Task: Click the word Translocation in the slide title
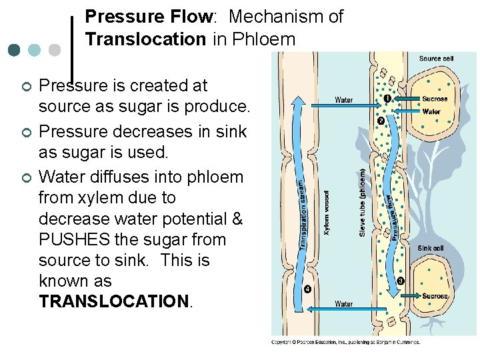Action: (145, 39)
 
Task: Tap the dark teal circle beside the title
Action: (15, 50)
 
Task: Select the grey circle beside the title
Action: (55, 50)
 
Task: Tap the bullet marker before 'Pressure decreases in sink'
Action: (25, 132)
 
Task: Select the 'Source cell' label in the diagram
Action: (436, 59)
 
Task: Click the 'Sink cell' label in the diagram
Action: (431, 248)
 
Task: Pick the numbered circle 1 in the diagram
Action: (387, 99)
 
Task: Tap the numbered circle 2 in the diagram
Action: (380, 121)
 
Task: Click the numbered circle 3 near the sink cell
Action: (401, 281)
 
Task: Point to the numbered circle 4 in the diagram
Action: (307, 289)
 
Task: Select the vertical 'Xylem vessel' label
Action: (328, 213)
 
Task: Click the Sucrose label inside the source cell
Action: (435, 99)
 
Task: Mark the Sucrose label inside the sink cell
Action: (435, 295)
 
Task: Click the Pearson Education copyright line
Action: (345, 342)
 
